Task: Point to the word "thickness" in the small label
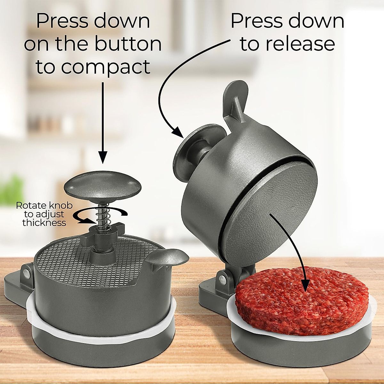point(44,223)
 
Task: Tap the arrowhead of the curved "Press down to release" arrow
point(177,132)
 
